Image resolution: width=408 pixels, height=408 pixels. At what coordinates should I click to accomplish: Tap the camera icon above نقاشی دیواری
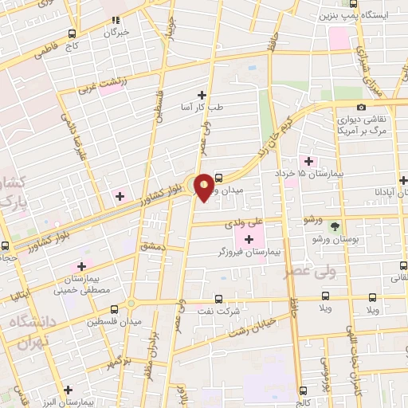361,107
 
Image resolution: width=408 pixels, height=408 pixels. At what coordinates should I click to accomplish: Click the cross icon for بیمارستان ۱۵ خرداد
308,160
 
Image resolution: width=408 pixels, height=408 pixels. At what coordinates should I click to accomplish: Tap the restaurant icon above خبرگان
116,20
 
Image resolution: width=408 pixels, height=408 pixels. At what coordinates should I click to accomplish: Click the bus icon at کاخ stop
73,33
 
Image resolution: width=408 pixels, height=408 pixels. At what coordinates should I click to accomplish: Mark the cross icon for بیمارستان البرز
69,390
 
